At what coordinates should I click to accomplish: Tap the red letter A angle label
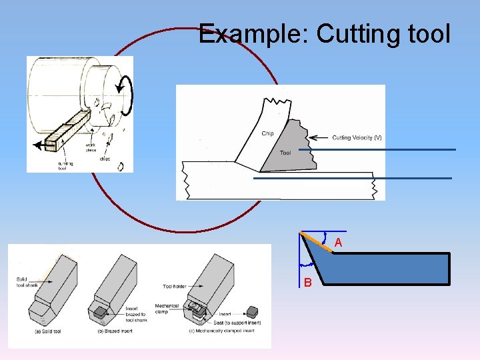339,243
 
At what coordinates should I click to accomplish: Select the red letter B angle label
307,283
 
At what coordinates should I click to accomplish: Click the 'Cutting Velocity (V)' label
357,138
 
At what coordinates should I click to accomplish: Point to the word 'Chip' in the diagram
267,133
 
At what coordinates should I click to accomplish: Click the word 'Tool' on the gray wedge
285,153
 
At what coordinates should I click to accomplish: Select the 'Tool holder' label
177,287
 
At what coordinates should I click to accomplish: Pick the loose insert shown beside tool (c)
253,311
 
